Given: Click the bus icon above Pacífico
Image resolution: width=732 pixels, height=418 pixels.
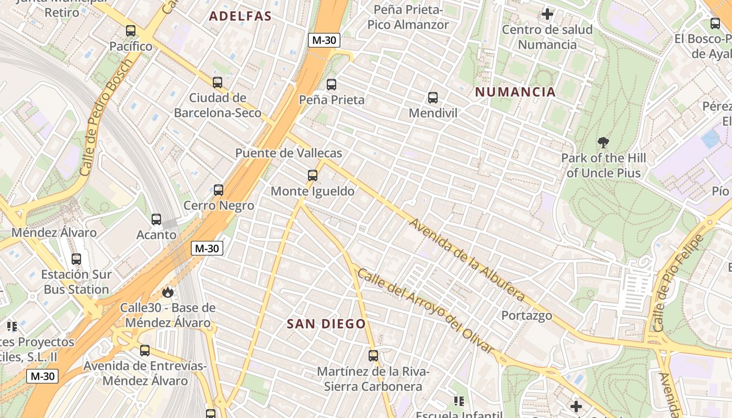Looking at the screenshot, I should (x=131, y=31).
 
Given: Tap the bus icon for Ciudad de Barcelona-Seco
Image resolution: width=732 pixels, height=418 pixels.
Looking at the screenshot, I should (x=218, y=82).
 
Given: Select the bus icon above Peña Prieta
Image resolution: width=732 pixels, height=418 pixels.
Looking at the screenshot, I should (x=331, y=84).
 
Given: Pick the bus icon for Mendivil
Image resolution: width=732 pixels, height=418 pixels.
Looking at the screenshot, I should (x=433, y=97).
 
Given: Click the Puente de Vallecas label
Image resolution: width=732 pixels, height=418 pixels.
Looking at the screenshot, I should (x=289, y=153).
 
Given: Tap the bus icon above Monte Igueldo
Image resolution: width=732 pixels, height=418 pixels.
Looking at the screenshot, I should (x=313, y=176).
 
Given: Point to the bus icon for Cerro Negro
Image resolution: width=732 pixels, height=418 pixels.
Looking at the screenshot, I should (x=219, y=190).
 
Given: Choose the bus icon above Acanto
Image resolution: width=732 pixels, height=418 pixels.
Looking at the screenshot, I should (x=156, y=219).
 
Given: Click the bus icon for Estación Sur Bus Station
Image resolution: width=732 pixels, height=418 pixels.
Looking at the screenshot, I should (x=76, y=259).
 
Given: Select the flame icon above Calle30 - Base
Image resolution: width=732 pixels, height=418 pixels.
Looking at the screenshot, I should (x=168, y=292).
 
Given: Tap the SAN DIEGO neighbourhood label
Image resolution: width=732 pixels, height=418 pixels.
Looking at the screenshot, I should (x=326, y=324).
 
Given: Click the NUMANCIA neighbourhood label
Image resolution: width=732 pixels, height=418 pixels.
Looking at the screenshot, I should (x=515, y=92).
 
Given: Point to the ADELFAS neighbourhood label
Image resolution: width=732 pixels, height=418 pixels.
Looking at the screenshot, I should (x=241, y=16).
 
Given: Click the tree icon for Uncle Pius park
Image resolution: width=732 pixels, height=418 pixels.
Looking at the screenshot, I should (x=603, y=142).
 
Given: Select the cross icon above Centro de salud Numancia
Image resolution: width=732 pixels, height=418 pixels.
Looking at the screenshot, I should (x=547, y=14).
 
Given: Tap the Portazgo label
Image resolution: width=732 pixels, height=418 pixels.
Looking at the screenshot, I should (x=527, y=316).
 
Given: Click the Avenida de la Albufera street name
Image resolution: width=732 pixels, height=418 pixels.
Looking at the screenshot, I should (x=467, y=260).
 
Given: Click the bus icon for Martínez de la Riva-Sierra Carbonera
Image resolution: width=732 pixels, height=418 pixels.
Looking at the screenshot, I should (x=373, y=356).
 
